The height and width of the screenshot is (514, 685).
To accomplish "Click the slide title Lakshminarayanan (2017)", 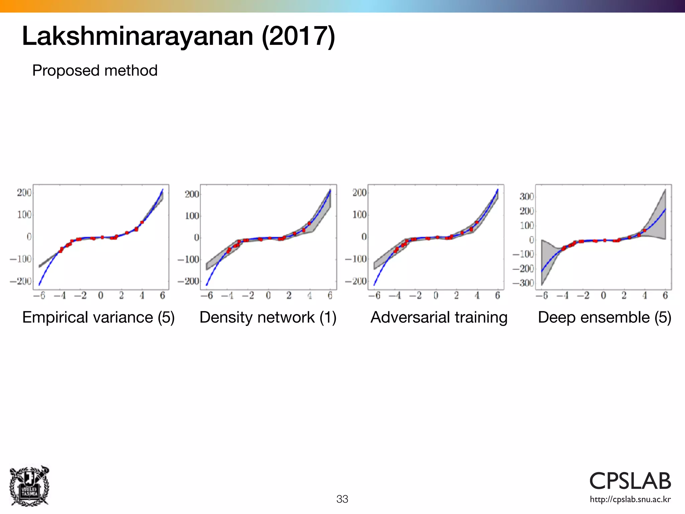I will pyautogui.click(x=178, y=36).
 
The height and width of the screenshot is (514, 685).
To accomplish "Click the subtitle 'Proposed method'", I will pyautogui.click(x=95, y=71).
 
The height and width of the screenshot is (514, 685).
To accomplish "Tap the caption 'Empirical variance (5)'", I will pyautogui.click(x=98, y=317).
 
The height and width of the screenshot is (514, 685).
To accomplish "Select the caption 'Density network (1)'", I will pyautogui.click(x=268, y=317).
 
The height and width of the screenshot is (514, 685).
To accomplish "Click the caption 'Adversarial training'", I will pyautogui.click(x=439, y=317).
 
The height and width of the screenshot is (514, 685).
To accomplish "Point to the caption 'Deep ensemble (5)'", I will pyautogui.click(x=604, y=317).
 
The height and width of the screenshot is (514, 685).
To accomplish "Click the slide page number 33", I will pyautogui.click(x=342, y=499).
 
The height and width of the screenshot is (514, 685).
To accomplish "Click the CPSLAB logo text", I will pyautogui.click(x=630, y=481).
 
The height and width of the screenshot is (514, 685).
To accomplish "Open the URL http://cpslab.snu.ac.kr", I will pyautogui.click(x=630, y=499).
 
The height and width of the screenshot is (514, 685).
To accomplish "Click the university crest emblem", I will pyautogui.click(x=29, y=486).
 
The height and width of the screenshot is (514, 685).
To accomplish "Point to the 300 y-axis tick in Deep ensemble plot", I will pyautogui.click(x=526, y=196).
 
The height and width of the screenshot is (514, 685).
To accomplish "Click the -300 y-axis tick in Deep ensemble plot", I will pyautogui.click(x=523, y=283).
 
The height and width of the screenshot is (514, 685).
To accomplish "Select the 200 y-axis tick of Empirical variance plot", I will pyautogui.click(x=24, y=193).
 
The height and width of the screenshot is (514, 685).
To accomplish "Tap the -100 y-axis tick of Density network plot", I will pyautogui.click(x=188, y=259).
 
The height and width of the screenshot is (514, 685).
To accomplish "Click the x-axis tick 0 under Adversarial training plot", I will pyautogui.click(x=436, y=295).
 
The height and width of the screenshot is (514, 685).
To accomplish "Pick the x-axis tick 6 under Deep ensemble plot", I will pyautogui.click(x=665, y=295).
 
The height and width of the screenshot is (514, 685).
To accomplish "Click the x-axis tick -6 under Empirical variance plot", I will pyautogui.click(x=39, y=295).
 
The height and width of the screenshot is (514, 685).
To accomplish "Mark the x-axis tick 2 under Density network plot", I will pyautogui.click(x=289, y=295).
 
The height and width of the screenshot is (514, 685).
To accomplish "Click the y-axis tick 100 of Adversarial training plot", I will pyautogui.click(x=360, y=215).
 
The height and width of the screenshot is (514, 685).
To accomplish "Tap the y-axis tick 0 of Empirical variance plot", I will pyautogui.click(x=29, y=237).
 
